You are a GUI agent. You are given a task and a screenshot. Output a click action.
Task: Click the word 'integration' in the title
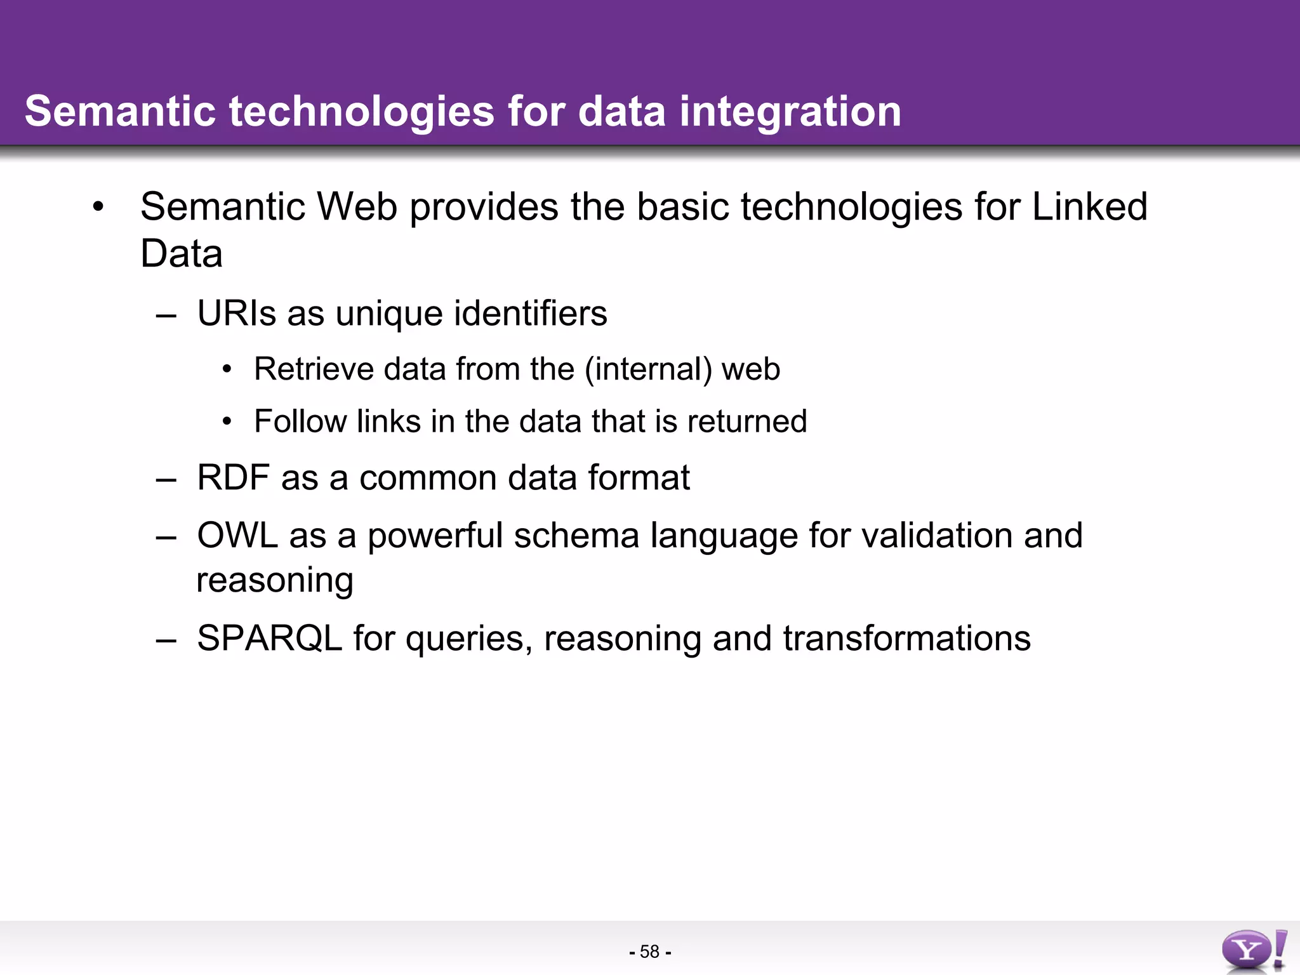[790, 112]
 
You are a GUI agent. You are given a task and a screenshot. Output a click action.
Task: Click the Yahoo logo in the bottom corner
[1253, 950]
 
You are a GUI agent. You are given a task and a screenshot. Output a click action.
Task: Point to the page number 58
[649, 952]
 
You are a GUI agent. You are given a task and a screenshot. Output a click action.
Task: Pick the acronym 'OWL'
[237, 535]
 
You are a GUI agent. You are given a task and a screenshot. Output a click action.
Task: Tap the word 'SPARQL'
[269, 638]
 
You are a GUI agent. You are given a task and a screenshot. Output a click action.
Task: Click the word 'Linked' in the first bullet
[1089, 207]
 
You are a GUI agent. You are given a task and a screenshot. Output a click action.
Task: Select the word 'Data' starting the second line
[181, 254]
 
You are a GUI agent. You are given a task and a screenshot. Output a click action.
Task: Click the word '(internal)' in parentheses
[647, 369]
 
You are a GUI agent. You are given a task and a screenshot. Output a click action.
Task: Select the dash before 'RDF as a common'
[166, 479]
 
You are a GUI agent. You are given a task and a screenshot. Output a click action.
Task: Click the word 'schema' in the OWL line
[576, 535]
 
